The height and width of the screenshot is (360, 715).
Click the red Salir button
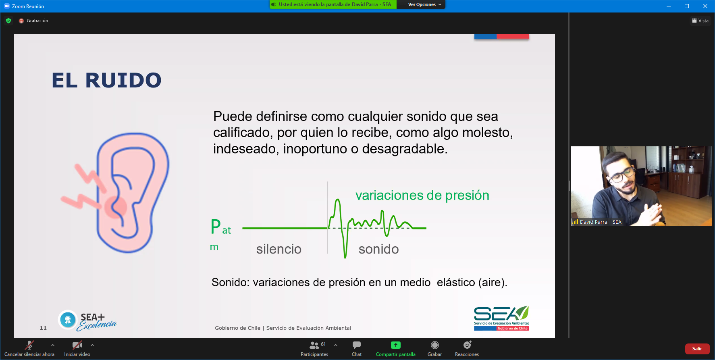[697, 349]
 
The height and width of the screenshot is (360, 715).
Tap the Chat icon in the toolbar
[357, 345]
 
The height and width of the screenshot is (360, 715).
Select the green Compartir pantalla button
[396, 345]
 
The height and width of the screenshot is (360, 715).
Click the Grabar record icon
[434, 345]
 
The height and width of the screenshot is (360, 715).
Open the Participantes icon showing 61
[314, 345]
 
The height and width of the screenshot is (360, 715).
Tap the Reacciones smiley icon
[467, 345]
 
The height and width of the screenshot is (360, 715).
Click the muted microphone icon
[29, 345]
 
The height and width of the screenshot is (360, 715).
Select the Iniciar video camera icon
[77, 345]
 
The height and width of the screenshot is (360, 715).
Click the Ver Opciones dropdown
[424, 4]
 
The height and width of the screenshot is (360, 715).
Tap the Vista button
[700, 21]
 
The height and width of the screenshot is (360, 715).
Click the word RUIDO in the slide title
[123, 80]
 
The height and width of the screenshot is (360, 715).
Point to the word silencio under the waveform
[279, 249]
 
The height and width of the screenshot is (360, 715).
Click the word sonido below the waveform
[379, 249]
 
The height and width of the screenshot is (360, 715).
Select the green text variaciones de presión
[422, 196]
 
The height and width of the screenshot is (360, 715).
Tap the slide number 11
[43, 328]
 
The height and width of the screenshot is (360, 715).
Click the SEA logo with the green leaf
[501, 318]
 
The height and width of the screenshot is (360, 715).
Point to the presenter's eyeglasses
[621, 175]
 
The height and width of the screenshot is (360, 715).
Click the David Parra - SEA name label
[601, 222]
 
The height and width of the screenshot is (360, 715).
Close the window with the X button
[705, 6]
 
